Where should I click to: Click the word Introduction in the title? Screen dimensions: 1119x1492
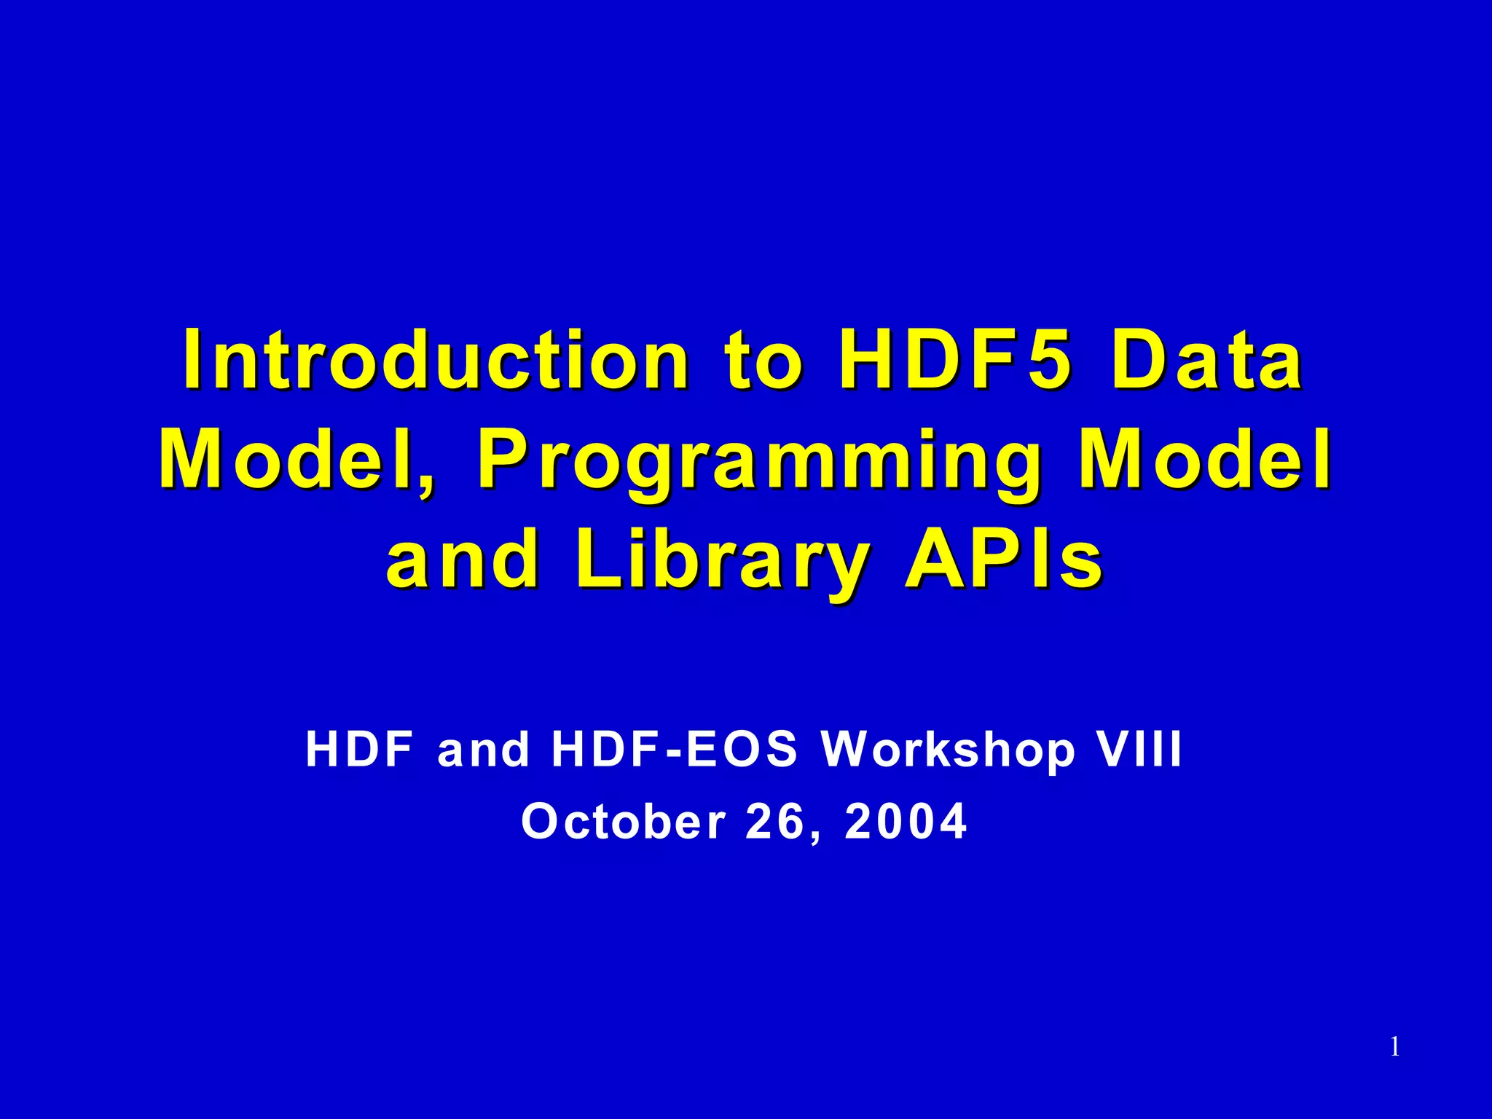[x=436, y=360]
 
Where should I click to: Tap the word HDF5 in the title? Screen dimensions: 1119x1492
[x=954, y=360]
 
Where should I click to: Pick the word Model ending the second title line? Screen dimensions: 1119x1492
[x=1206, y=460]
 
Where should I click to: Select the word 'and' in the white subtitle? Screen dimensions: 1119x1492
[x=483, y=750]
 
